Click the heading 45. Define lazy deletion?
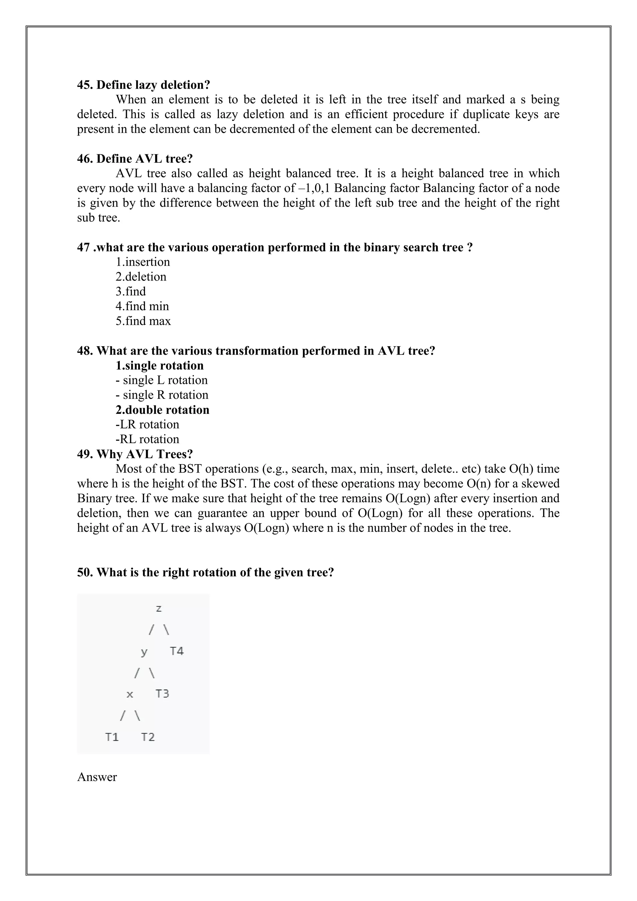tap(144, 85)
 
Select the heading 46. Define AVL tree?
tap(135, 159)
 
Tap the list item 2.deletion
tap(141, 277)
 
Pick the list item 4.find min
tap(142, 306)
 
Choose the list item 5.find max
tap(143, 321)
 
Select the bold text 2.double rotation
tap(162, 410)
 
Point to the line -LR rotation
tap(147, 424)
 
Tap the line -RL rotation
tap(147, 439)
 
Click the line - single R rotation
tap(162, 395)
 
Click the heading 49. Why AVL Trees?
tap(135, 454)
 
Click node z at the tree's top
tap(158, 609)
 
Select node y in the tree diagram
tap(144, 652)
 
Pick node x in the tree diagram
tap(130, 694)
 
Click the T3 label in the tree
tap(162, 693)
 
